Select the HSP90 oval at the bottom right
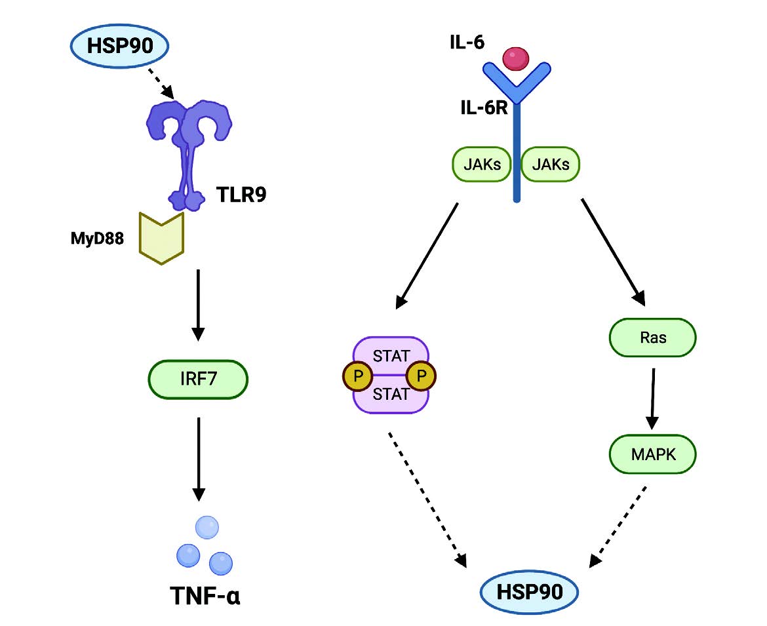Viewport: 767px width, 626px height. click(530, 592)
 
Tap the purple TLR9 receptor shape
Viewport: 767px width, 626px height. click(187, 151)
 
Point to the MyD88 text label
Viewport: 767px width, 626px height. click(98, 237)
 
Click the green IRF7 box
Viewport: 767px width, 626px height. click(198, 379)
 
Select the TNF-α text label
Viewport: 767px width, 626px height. click(205, 597)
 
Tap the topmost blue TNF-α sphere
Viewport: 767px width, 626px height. click(207, 528)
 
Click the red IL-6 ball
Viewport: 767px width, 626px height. click(516, 58)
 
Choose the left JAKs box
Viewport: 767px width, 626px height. click(482, 165)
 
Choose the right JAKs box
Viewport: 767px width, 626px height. click(551, 165)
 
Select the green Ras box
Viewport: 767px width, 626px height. click(652, 338)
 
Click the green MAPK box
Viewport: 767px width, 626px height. click(652, 453)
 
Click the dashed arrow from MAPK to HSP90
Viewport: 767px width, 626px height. click(619, 526)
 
